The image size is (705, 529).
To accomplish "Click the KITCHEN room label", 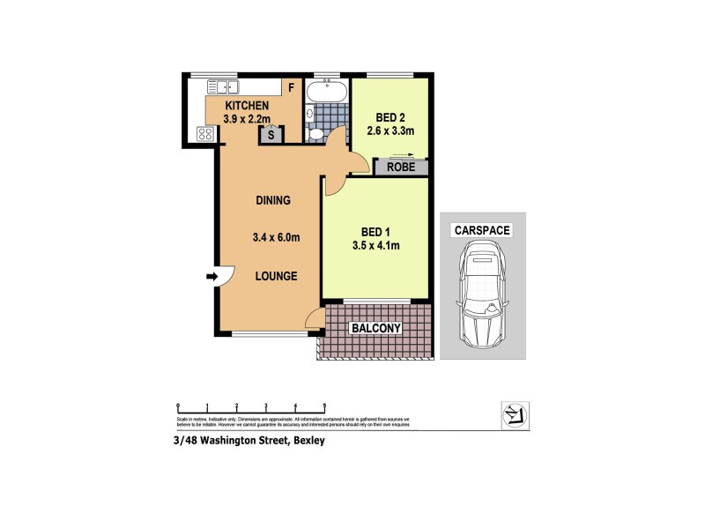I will click(234, 106).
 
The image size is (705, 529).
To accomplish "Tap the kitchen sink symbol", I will click(224, 86).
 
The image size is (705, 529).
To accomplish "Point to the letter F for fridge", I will click(289, 87).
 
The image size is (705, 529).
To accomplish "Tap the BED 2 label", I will click(390, 116).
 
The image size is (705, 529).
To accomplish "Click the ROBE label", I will click(401, 167).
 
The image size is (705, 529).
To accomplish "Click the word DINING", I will click(273, 200).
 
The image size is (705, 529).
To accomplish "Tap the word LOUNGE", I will click(276, 276).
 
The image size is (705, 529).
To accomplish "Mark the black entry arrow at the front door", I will click(211, 278).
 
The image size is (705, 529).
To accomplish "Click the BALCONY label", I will click(376, 329).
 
